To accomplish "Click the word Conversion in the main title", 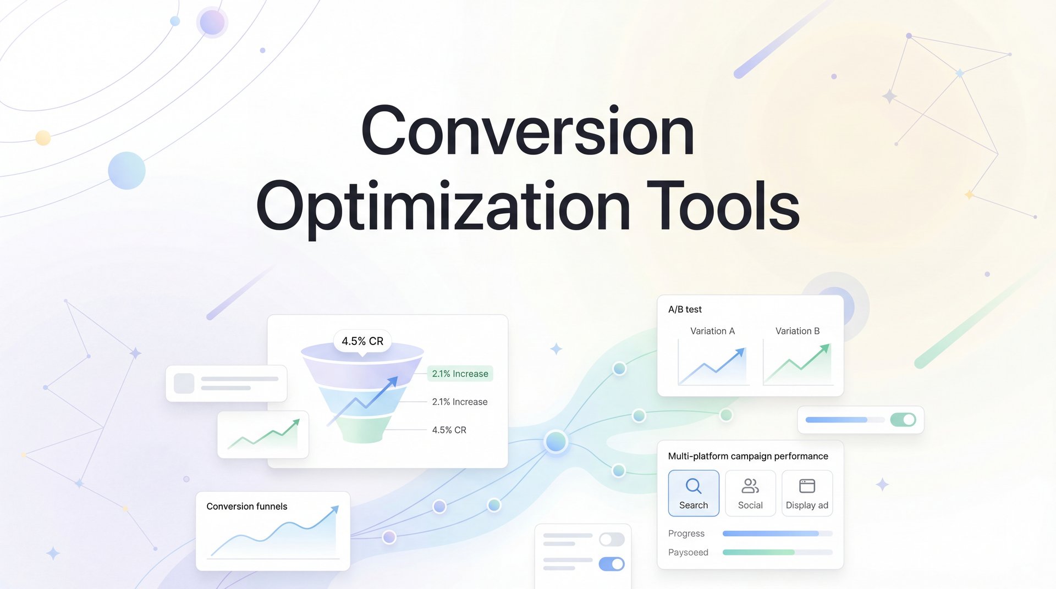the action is pos(527,132).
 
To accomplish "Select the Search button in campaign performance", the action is pos(694,493).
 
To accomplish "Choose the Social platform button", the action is pos(750,493).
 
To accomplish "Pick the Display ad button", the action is pos(807,493).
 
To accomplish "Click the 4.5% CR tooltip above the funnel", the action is pos(362,341).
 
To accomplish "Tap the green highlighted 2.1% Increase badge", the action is pos(460,374).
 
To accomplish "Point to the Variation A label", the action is pos(712,331).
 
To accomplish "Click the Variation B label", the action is pos(798,331).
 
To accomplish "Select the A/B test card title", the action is pos(685,309).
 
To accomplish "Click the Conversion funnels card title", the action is pos(247,506).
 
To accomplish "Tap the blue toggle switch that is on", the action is pos(612,564).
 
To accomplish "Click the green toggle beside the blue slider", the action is pos(903,420).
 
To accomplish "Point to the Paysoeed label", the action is pos(688,552).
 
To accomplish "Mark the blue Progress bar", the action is pos(771,534).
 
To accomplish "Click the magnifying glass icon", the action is pos(694,486).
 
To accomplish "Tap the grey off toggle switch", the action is pos(612,540).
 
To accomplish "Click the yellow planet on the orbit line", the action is pos(43,137).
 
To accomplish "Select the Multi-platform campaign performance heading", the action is pos(748,456).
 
